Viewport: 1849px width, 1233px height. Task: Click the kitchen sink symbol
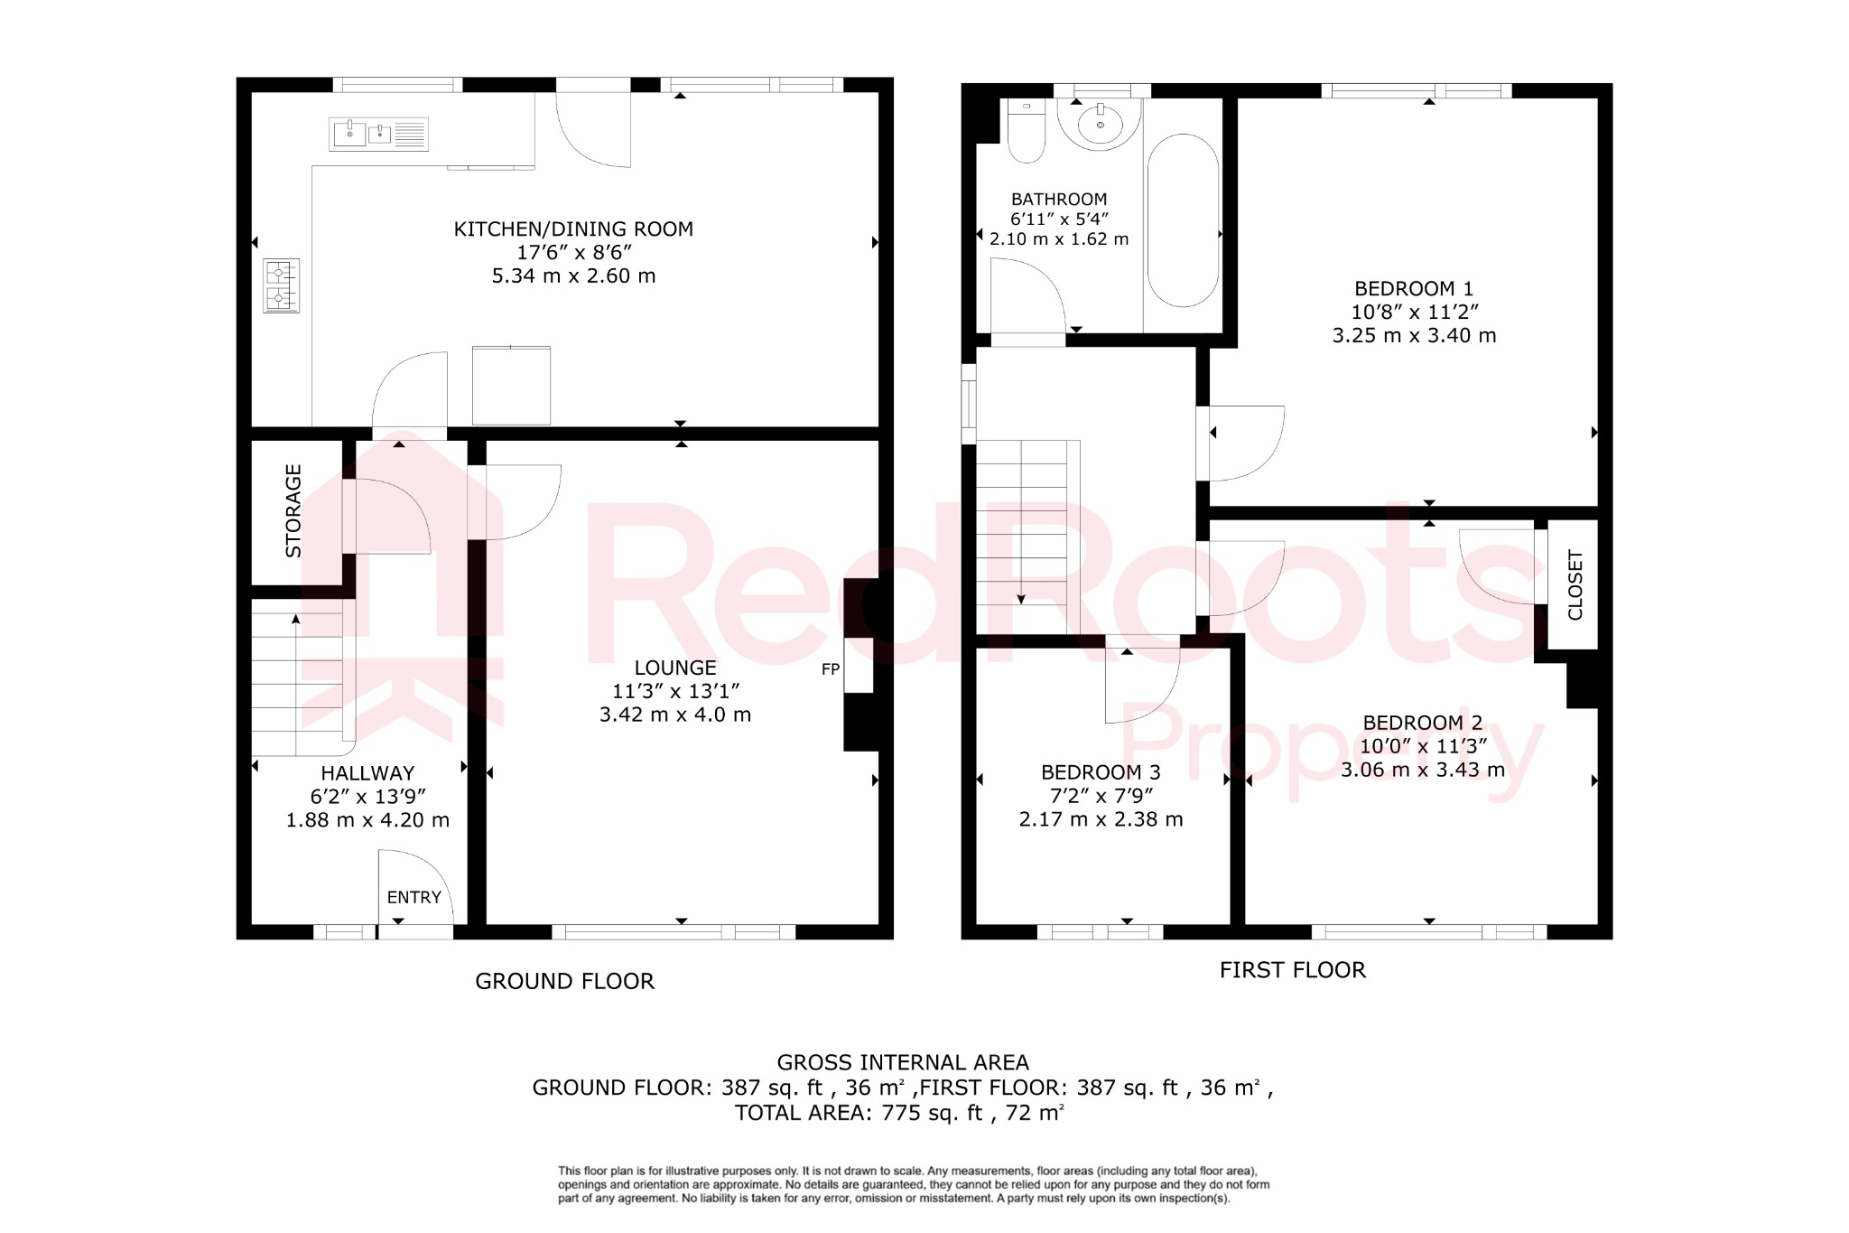tap(377, 135)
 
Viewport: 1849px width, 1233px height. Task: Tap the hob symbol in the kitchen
tap(281, 285)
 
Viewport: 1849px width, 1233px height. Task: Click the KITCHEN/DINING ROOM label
tap(573, 229)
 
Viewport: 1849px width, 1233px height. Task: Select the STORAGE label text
tap(293, 510)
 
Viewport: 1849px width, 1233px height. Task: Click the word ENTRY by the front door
tap(413, 897)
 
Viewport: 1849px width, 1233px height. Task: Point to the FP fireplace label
tap(831, 669)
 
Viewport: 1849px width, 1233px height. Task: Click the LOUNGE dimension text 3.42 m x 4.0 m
tap(674, 715)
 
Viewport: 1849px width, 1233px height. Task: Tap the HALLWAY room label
tap(367, 773)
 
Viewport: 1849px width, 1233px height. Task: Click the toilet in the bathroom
tap(1026, 133)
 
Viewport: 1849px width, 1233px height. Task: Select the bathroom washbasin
tap(1100, 124)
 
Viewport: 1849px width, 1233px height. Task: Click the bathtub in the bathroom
tap(1183, 220)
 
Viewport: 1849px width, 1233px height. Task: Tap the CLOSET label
tap(1575, 584)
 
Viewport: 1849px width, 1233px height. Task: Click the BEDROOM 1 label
tap(1413, 289)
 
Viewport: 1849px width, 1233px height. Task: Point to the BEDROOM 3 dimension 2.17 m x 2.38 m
tap(1101, 819)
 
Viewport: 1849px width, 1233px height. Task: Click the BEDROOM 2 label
tap(1422, 723)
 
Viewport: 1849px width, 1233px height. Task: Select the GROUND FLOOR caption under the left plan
tap(564, 981)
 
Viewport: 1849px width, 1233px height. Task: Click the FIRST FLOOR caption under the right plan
tap(1292, 970)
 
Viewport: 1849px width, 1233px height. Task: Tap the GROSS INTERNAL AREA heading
tap(902, 1062)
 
